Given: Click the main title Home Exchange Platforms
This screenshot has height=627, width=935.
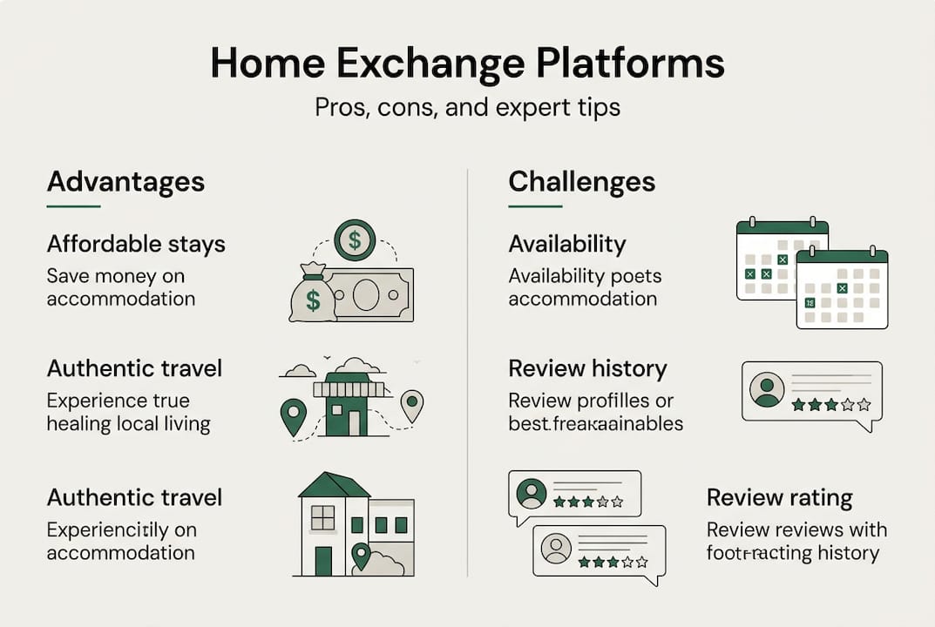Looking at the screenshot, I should point(467,65).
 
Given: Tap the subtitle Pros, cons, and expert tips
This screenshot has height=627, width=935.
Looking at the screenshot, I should point(467,108).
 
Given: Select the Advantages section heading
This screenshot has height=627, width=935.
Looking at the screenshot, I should point(125,182).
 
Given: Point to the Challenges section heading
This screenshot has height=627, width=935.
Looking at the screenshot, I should point(581,182).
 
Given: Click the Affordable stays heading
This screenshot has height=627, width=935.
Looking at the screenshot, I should point(136,244).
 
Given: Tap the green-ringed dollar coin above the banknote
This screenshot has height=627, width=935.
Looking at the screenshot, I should point(355,240).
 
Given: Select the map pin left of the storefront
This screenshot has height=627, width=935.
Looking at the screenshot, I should point(294,415).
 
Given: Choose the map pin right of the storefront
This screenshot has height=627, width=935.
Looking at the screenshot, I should point(411,405).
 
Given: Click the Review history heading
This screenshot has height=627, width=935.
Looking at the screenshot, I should point(587,368).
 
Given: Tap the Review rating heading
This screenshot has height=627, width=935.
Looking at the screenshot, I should point(779,497).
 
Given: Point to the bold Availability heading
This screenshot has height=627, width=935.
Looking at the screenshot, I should point(566,244).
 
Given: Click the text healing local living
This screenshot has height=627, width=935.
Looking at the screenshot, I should point(128,424).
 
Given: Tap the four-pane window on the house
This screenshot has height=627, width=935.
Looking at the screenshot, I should point(322,518).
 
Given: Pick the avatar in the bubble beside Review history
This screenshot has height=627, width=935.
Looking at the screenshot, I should point(767,389).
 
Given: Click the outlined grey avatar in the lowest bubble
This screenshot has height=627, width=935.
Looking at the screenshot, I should point(556,549).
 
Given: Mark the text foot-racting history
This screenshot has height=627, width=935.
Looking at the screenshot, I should point(792,552).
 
